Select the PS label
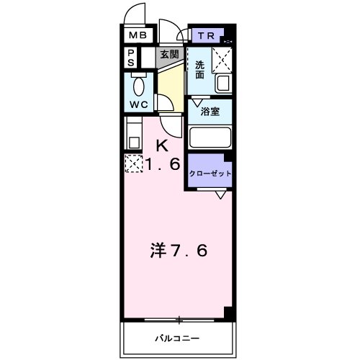click(x=131, y=58)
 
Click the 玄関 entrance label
click(x=170, y=55)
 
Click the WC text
click(x=139, y=104)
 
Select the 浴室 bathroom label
click(x=210, y=112)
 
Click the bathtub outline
click(x=209, y=137)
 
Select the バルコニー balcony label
click(x=176, y=338)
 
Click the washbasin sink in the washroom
click(x=223, y=84)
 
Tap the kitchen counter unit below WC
click(x=133, y=132)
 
